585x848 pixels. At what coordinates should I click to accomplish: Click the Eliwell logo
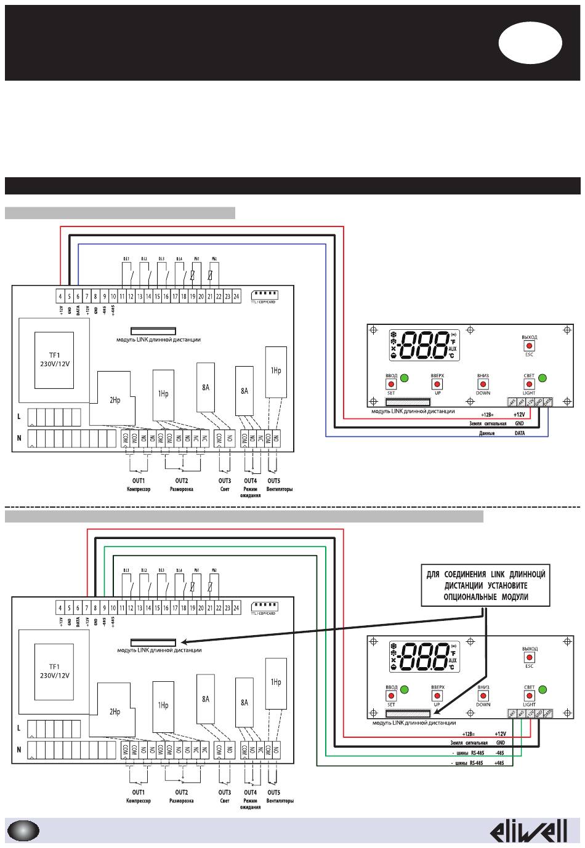tap(528, 831)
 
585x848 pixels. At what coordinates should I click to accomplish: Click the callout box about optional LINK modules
tap(486, 585)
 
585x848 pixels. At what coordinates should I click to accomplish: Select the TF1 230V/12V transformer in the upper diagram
tap(54, 359)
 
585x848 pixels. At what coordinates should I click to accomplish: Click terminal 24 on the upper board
tap(236, 297)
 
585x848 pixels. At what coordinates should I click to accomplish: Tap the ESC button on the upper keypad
tap(529, 346)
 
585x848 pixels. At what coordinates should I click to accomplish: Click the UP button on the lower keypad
tap(438, 695)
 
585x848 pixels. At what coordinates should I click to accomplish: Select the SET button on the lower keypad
tap(391, 695)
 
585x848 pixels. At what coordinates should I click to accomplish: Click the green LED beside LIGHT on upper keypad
tap(543, 378)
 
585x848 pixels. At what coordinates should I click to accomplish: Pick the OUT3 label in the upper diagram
tap(225, 481)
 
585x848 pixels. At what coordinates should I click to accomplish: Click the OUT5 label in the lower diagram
tap(274, 793)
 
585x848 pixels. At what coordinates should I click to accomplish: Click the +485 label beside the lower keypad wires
tap(500, 763)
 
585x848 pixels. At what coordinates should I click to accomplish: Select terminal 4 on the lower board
tap(60, 608)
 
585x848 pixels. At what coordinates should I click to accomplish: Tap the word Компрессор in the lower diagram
tap(138, 801)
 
